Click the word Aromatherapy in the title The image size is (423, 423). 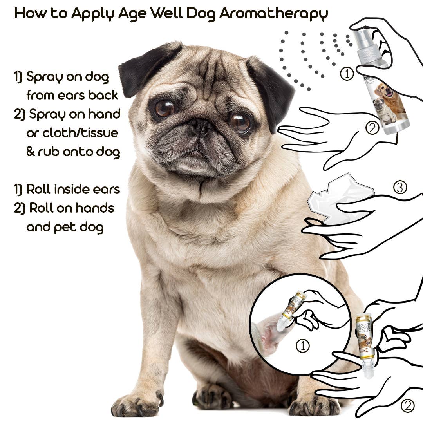[273, 13]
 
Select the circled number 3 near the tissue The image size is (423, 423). [400, 188]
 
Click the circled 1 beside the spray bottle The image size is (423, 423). [347, 74]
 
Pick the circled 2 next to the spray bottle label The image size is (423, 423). [372, 127]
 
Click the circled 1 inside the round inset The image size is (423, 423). [302, 346]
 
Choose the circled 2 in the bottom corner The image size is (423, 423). [407, 406]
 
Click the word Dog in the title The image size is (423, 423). [200, 13]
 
